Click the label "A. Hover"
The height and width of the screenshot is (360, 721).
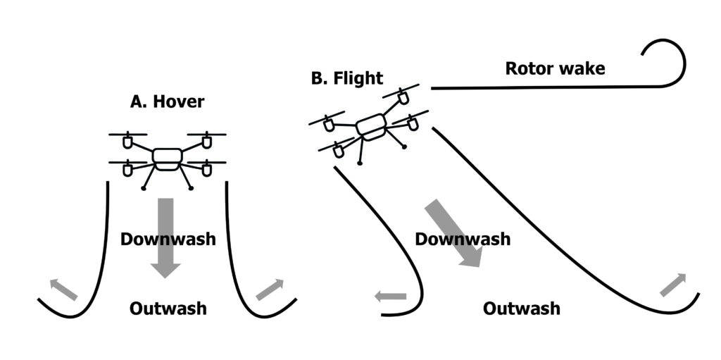pyautogui.click(x=167, y=101)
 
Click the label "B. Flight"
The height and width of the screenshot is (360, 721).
pyautogui.click(x=347, y=78)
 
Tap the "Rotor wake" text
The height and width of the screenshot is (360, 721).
pyautogui.click(x=555, y=68)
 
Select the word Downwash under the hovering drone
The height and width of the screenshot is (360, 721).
pyautogui.click(x=168, y=239)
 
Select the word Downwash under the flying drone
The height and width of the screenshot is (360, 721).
pyautogui.click(x=462, y=239)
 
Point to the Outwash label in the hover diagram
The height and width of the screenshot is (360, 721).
pyautogui.click(x=168, y=308)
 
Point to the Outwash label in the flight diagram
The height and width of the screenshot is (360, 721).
pyautogui.click(x=522, y=308)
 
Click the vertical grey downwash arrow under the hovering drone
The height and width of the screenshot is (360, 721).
pyautogui.click(x=166, y=236)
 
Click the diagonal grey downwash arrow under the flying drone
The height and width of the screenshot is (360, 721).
pyautogui.click(x=453, y=232)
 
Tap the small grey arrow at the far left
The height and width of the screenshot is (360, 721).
pyautogui.click(x=63, y=289)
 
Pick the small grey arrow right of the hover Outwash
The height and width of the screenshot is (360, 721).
pyautogui.click(x=270, y=289)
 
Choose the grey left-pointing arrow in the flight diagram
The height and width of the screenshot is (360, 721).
pyautogui.click(x=390, y=297)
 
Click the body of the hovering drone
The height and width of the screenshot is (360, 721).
pyautogui.click(x=167, y=159)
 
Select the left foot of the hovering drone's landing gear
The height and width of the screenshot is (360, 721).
pyautogui.click(x=144, y=188)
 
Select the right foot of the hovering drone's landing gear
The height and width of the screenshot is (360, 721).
pyautogui.click(x=191, y=188)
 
